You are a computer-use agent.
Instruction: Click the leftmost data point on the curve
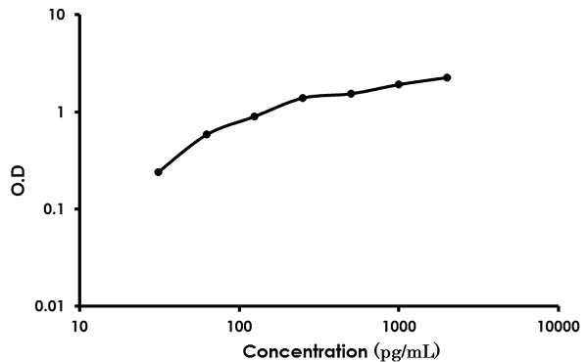tap(158, 172)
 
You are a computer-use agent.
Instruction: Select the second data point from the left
tap(207, 134)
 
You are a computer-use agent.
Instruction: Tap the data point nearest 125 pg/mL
tap(255, 116)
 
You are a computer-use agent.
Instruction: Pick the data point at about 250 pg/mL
tap(303, 98)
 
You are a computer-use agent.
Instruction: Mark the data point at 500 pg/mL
tap(351, 94)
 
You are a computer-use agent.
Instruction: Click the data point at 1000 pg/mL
tap(399, 84)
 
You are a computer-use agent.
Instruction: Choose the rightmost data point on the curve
tap(447, 77)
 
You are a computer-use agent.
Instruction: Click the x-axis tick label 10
tap(79, 326)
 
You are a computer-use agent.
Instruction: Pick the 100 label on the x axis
tap(239, 326)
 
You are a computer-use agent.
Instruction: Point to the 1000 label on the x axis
tap(398, 326)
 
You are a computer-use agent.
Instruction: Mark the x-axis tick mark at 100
tap(239, 309)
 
